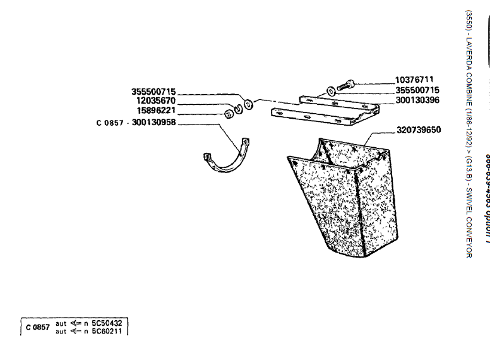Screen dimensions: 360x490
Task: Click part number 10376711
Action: (414, 80)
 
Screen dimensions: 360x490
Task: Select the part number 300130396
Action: (418, 100)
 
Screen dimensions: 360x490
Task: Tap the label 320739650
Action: (419, 130)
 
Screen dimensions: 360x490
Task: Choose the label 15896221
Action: (155, 110)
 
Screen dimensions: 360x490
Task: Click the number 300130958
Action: (154, 122)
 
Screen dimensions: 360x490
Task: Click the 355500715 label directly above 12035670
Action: (153, 91)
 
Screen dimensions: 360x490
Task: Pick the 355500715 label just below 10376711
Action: (417, 90)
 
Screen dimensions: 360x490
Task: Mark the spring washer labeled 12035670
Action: (239, 108)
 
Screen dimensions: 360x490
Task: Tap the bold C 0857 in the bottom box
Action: (37, 327)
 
